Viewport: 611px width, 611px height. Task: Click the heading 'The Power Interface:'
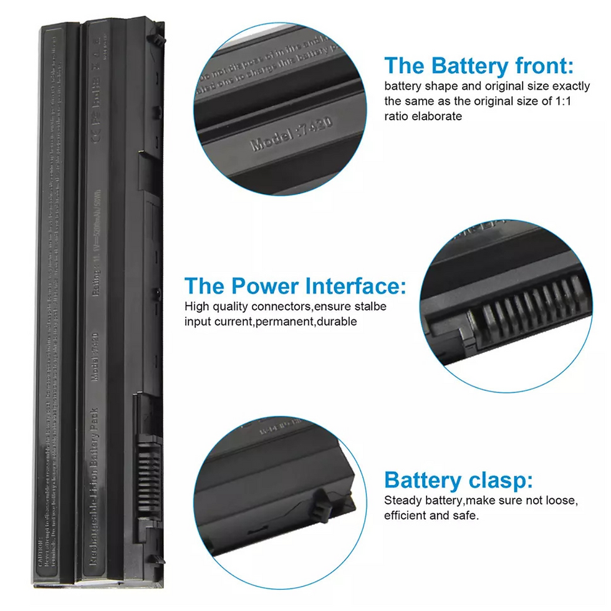[x=295, y=286]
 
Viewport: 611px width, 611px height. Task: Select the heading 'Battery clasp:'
[x=458, y=480]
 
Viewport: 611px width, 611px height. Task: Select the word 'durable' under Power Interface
[x=337, y=322]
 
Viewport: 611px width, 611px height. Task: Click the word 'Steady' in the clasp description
[x=403, y=501]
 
